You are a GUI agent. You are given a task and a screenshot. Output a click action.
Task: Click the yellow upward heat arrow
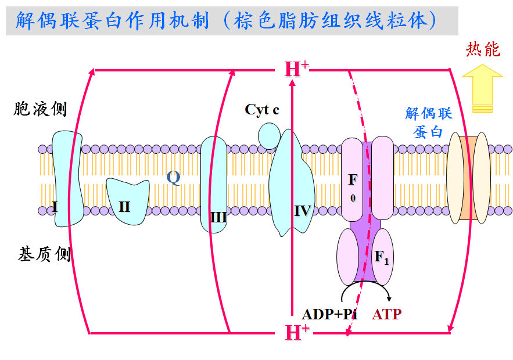[482, 88]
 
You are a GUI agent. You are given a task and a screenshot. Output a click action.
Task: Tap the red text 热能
[483, 49]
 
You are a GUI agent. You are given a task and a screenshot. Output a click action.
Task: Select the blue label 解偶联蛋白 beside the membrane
[429, 123]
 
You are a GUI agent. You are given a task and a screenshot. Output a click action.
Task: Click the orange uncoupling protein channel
[468, 178]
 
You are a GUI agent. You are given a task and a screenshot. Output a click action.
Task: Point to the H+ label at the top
[297, 69]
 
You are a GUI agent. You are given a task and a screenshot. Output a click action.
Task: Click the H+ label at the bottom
[297, 332]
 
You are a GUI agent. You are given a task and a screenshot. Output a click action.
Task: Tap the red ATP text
[386, 314]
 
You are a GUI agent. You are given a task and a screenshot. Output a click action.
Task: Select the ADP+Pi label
[329, 314]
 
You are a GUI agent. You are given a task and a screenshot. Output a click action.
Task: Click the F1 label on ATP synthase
[382, 257]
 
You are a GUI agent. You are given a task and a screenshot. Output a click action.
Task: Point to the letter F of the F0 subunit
[353, 179]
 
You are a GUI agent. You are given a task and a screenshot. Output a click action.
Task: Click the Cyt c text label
[262, 110]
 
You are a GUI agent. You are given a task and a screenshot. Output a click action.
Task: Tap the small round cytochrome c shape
[269, 136]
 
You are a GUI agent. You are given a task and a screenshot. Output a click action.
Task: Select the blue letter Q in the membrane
[173, 178]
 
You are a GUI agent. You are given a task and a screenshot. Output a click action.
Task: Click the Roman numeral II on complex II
[124, 207]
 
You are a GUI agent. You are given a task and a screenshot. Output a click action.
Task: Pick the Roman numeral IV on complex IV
[302, 211]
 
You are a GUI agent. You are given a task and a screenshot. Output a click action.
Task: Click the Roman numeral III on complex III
[218, 217]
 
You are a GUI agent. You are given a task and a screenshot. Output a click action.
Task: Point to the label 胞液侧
[40, 109]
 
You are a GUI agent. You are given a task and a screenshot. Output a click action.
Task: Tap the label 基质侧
[44, 254]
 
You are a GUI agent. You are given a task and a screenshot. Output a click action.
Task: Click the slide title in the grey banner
[227, 20]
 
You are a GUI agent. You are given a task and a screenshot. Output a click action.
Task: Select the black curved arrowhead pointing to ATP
[389, 298]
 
